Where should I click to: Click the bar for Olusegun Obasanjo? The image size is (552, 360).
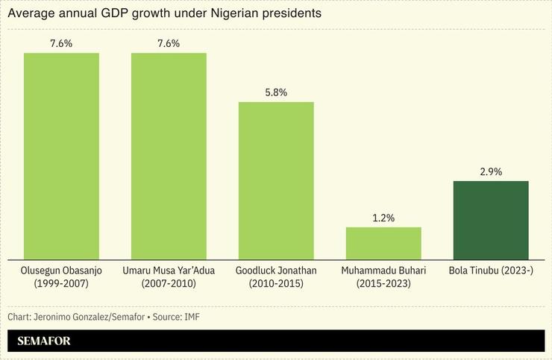click(x=61, y=157)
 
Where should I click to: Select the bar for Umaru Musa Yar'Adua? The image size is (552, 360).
click(x=169, y=157)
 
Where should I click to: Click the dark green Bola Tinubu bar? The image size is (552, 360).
click(x=491, y=221)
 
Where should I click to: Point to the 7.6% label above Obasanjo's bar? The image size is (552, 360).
click(x=61, y=43)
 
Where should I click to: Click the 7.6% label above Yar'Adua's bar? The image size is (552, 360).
click(x=169, y=43)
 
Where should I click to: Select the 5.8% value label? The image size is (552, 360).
click(x=276, y=92)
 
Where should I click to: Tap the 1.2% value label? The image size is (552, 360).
click(x=383, y=218)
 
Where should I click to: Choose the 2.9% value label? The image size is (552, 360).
click(x=491, y=171)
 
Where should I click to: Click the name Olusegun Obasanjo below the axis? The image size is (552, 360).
click(x=61, y=270)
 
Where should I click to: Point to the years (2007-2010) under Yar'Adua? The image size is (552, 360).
click(x=169, y=283)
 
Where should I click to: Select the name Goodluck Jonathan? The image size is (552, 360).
click(x=276, y=270)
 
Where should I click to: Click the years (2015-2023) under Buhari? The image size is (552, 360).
click(x=383, y=283)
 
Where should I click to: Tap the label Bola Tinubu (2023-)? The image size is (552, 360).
click(x=491, y=270)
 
